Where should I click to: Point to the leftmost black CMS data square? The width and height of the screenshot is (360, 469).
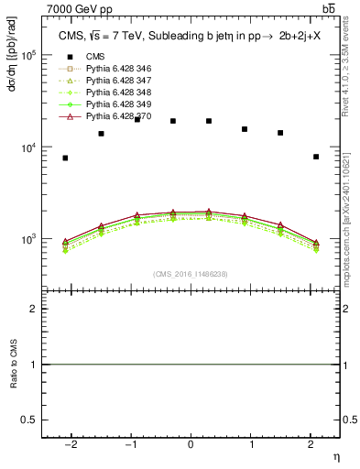click(x=65, y=158)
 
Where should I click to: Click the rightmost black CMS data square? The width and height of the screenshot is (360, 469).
click(x=316, y=157)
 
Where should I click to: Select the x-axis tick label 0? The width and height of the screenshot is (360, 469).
click(x=191, y=444)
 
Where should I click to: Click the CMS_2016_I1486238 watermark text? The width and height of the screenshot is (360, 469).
click(x=190, y=274)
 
